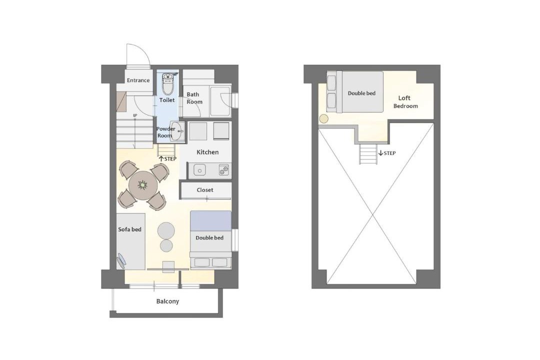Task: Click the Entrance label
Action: [x=138, y=80]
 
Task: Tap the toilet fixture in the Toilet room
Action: [x=167, y=83]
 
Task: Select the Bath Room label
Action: [x=194, y=98]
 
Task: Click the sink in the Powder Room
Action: [x=178, y=131]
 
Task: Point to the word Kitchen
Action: [x=207, y=152]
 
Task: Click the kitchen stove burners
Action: [x=223, y=170]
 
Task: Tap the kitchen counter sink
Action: [x=199, y=170]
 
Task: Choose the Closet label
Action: [x=205, y=190]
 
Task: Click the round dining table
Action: [x=143, y=185]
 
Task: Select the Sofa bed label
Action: [x=130, y=229]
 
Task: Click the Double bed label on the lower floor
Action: [x=209, y=237]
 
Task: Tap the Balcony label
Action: [x=167, y=301]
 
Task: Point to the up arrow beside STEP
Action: [x=161, y=159]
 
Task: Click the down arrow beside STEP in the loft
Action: [x=380, y=153]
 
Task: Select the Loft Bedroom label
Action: [x=405, y=102]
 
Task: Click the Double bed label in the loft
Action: [x=361, y=93]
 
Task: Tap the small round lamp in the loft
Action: [x=324, y=119]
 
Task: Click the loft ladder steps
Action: [x=368, y=154]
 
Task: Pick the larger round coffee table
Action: [x=166, y=230]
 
